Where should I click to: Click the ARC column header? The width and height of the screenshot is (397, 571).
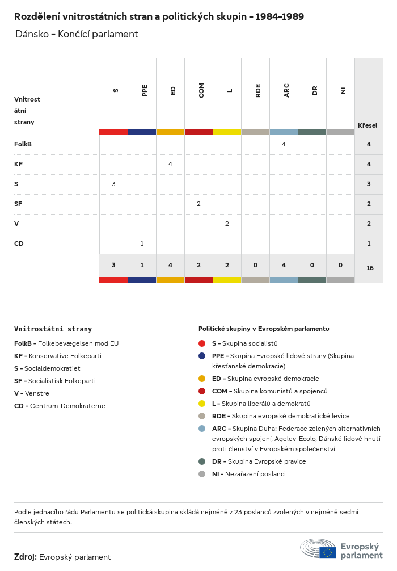286,90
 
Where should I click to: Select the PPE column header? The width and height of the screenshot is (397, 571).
145,90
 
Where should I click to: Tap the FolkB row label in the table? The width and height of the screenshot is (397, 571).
23,144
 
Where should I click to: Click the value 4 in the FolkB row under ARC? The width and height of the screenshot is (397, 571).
284,144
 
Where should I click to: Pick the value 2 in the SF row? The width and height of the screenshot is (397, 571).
198,204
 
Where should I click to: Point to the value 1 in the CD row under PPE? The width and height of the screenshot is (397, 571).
142,243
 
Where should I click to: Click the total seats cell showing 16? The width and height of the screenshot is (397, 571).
370,268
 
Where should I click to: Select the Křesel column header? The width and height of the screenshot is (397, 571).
368,125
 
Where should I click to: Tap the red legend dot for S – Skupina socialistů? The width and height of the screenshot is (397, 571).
202,343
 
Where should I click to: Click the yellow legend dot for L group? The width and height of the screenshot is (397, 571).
202,404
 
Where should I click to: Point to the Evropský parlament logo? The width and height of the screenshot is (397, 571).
341,550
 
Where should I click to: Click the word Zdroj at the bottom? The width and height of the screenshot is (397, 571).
26,557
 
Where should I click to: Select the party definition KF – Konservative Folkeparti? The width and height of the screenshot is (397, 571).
58,356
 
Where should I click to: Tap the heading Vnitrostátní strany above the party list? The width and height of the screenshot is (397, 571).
53,329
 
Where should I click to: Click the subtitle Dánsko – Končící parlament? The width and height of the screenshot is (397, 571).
77,34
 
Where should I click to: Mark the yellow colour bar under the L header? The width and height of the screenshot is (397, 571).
227,132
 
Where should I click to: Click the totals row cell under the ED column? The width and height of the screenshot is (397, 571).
170,265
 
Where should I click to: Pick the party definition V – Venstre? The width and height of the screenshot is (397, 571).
32,393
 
